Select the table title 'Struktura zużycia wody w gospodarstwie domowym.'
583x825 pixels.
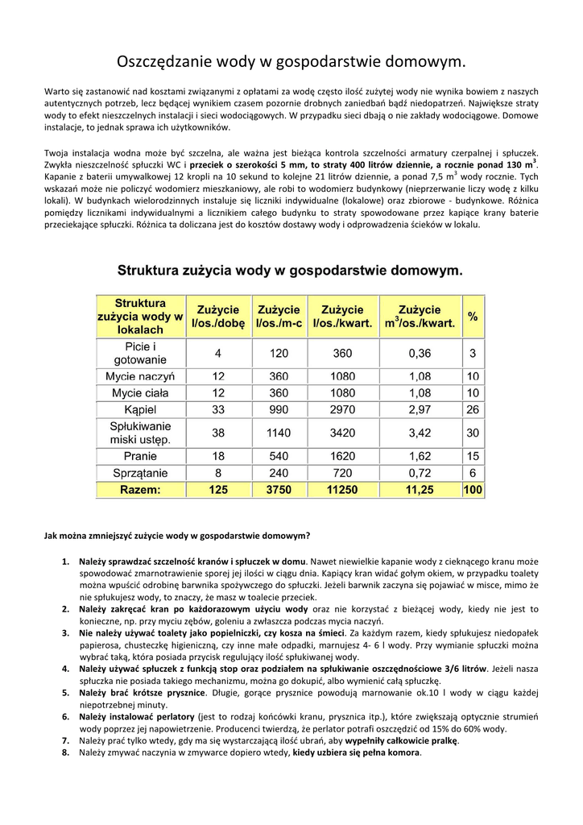click(x=291, y=271)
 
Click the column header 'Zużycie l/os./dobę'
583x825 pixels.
click(x=217, y=317)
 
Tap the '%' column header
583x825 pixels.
click(x=473, y=317)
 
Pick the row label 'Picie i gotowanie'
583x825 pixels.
click(x=140, y=353)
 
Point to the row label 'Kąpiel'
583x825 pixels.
click(x=140, y=410)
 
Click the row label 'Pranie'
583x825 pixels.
click(x=140, y=455)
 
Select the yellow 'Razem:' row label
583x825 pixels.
click(x=140, y=489)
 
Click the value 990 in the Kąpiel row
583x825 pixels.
click(x=279, y=410)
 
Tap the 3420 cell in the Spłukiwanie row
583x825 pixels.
click(x=342, y=433)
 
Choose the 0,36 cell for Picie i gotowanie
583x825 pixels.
click(x=420, y=353)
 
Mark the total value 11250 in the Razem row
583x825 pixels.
click(x=342, y=489)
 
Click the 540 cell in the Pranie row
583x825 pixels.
click(x=279, y=455)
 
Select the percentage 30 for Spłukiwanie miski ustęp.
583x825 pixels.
click(x=473, y=433)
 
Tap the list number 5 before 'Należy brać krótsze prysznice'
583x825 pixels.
click(x=66, y=693)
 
